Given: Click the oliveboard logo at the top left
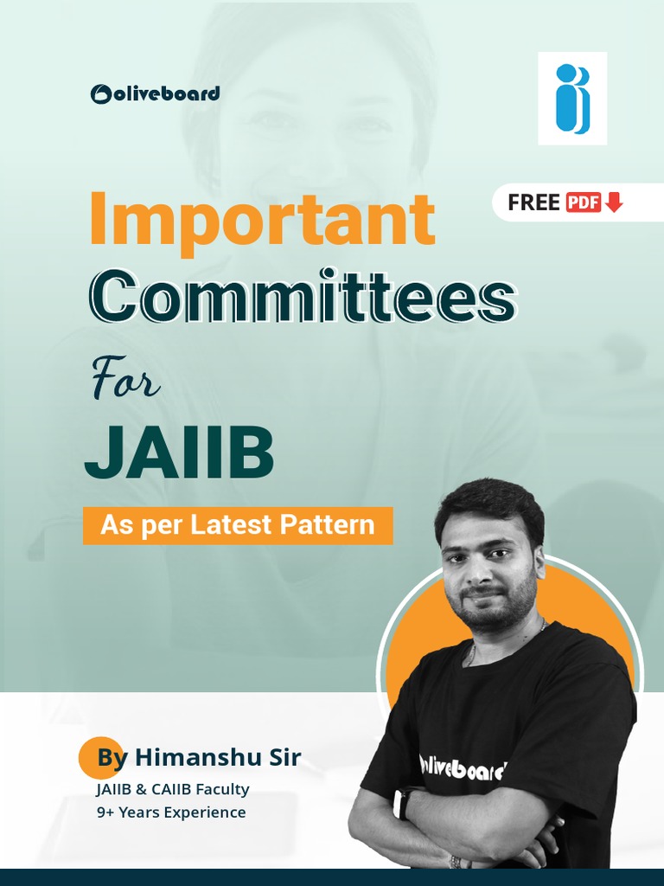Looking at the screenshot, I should point(155,93).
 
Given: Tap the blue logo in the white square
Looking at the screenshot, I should point(571,99).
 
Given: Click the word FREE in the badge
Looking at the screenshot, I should point(533,202).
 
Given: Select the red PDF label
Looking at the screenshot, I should point(584,202).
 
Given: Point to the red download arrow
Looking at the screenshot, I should point(614,202).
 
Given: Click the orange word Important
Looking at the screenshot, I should point(261,219).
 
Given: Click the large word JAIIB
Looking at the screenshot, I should point(179,454).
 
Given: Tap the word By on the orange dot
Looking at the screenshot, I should point(112,758).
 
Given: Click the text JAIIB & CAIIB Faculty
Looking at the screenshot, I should point(173,789).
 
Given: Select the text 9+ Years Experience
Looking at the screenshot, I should point(171,812).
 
